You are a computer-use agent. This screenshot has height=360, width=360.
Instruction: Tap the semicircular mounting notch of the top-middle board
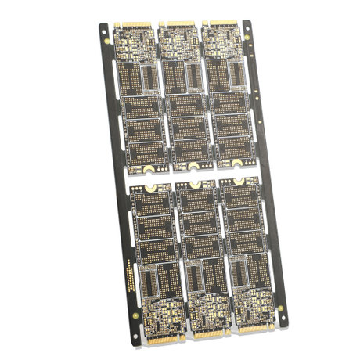click(x=193, y=166)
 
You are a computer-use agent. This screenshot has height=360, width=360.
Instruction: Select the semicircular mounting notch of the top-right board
click(x=236, y=164)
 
